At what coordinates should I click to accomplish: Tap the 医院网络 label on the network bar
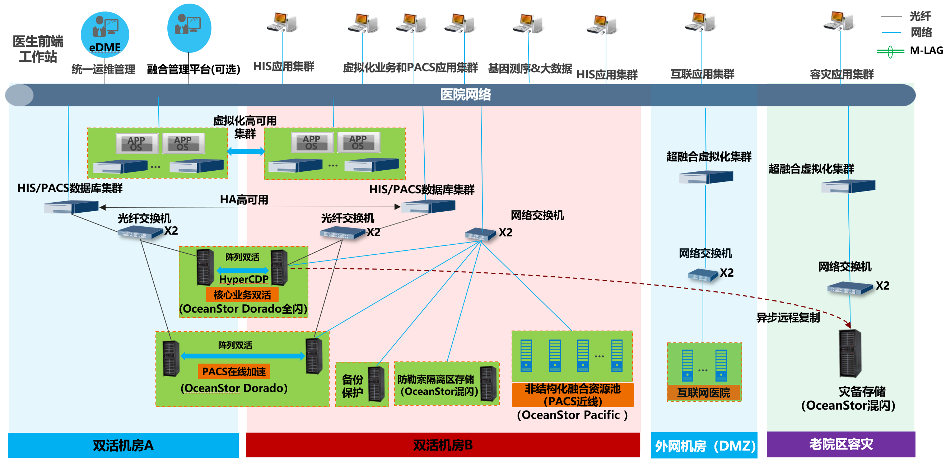pos(465,95)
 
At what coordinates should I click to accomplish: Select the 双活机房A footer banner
pos(123,445)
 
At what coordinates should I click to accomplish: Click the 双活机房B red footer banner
pos(443,445)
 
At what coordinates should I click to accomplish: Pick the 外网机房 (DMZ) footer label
pos(704,446)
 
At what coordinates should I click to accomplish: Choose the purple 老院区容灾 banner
pos(840,444)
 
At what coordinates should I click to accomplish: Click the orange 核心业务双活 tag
pos(242,295)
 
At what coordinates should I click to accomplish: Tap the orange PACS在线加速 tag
pos(234,372)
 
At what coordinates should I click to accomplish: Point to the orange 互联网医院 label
pos(704,393)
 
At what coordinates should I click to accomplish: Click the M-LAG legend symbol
pos(890,51)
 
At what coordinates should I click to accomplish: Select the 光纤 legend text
pos(920,16)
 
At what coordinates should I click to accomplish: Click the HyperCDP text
pos(243,279)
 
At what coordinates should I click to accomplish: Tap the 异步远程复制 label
pos(788,318)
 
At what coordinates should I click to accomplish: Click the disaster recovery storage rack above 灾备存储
pos(850,353)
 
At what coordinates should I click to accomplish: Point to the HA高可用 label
pos(244,199)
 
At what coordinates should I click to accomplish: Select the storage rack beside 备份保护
pos(376,384)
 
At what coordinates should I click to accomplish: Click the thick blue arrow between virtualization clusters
pos(246,151)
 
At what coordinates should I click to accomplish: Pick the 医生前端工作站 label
pos(38,49)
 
